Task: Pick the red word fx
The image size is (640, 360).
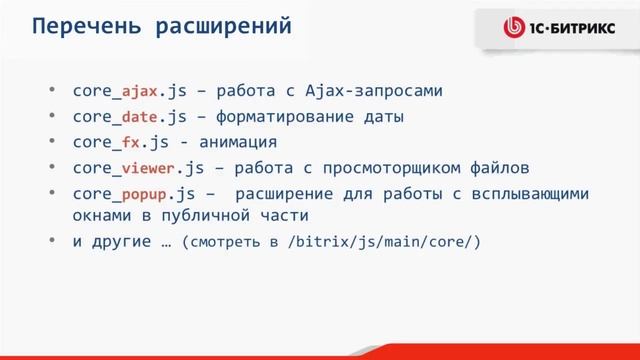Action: (x=131, y=142)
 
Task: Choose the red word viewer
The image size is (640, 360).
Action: (x=149, y=167)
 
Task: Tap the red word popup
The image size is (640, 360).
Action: (x=144, y=193)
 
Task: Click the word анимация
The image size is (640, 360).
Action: (x=235, y=142)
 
